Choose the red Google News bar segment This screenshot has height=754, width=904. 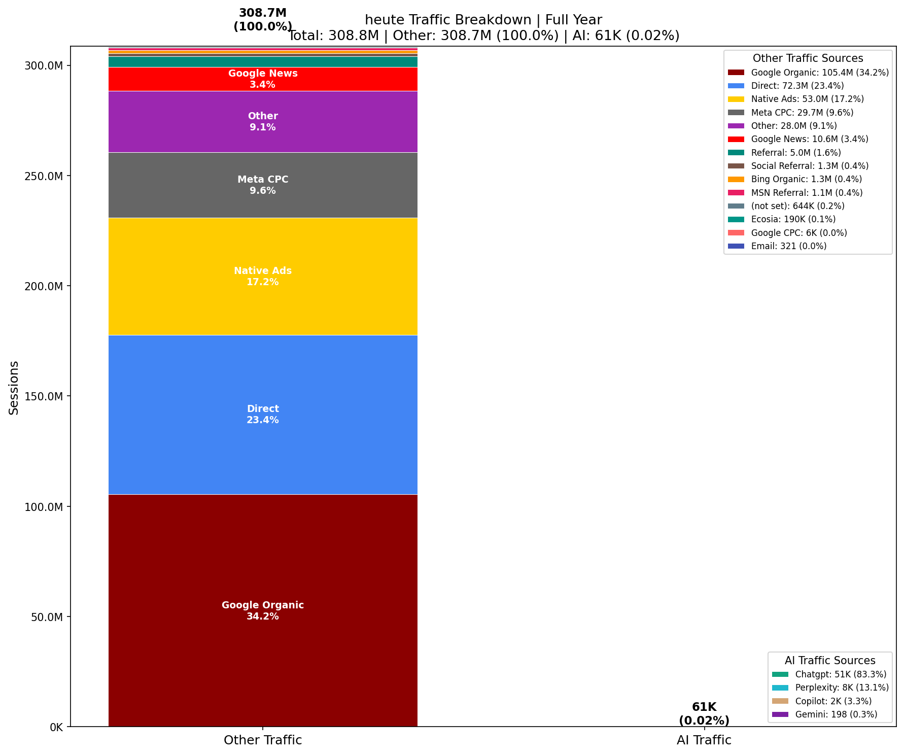[263, 79]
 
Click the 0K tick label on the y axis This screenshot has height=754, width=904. [56, 728]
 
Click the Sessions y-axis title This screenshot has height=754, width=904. [14, 388]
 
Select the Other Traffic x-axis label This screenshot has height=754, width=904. [263, 740]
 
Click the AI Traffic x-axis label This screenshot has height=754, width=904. [704, 740]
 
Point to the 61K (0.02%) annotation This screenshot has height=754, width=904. [704, 713]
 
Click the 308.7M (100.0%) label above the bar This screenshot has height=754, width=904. [263, 20]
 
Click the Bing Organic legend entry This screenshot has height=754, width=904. [806, 179]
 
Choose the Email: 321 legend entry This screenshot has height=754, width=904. [788, 246]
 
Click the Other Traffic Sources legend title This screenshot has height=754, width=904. [808, 58]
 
